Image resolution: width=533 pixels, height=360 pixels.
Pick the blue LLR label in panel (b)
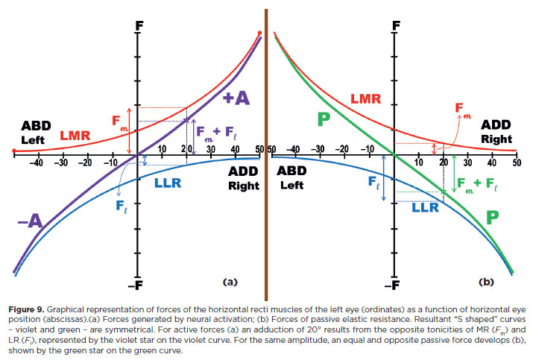[x=425, y=209]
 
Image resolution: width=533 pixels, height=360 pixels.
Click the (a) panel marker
[x=230, y=282]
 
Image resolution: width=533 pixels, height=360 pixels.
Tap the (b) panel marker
[x=486, y=282]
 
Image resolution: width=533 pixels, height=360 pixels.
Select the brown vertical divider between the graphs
[x=266, y=149]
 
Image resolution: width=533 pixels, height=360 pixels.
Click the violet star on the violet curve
[x=187, y=121]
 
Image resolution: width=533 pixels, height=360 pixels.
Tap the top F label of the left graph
[x=138, y=24]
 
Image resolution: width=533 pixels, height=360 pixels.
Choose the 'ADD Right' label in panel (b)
[x=496, y=131]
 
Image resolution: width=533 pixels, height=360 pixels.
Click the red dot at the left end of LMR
[x=13, y=151]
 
